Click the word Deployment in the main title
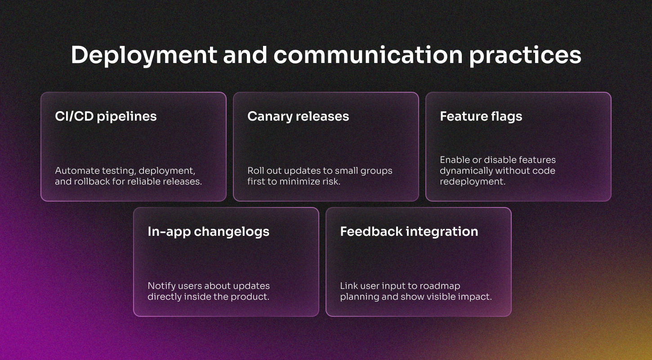[x=144, y=55]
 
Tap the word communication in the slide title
[x=368, y=55]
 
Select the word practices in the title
[x=525, y=55]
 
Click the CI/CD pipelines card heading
[x=106, y=117]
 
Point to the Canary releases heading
[x=298, y=117]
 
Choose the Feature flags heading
[x=481, y=117]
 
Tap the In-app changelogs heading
[x=208, y=232]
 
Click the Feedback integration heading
[x=409, y=232]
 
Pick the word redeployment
[x=473, y=182]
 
